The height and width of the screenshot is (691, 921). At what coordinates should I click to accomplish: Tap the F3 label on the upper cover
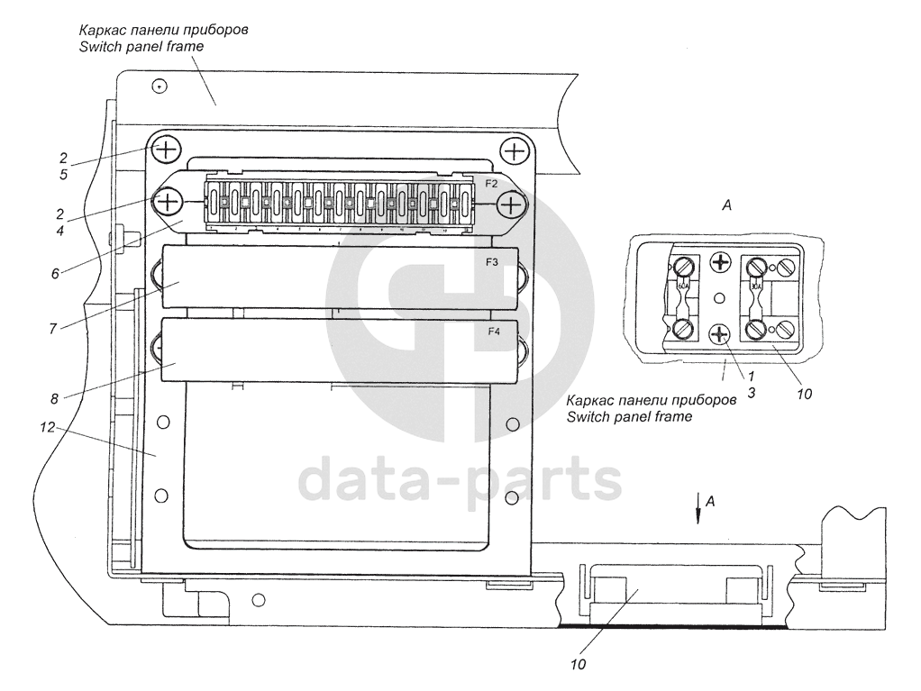[x=493, y=263]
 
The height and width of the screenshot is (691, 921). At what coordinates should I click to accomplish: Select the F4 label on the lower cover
[x=493, y=332]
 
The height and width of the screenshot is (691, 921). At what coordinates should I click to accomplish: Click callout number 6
[x=55, y=272]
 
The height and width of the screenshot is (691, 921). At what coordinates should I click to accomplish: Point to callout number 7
[x=53, y=328]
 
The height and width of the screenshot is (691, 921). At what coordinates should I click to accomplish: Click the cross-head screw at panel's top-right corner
[x=514, y=150]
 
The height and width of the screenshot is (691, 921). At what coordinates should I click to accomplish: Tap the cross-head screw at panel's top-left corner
[x=167, y=147]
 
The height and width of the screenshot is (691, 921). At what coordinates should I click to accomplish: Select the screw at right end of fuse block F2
[x=511, y=205]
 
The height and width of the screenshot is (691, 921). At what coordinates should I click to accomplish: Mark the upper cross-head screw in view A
[x=720, y=263]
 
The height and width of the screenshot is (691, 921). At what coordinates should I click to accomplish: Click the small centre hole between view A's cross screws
[x=719, y=298]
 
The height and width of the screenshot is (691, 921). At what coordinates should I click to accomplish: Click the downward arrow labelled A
[x=698, y=511]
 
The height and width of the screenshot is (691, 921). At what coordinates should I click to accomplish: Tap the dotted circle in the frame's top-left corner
[x=159, y=86]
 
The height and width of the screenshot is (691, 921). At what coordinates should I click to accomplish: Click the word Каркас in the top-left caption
[x=100, y=30]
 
